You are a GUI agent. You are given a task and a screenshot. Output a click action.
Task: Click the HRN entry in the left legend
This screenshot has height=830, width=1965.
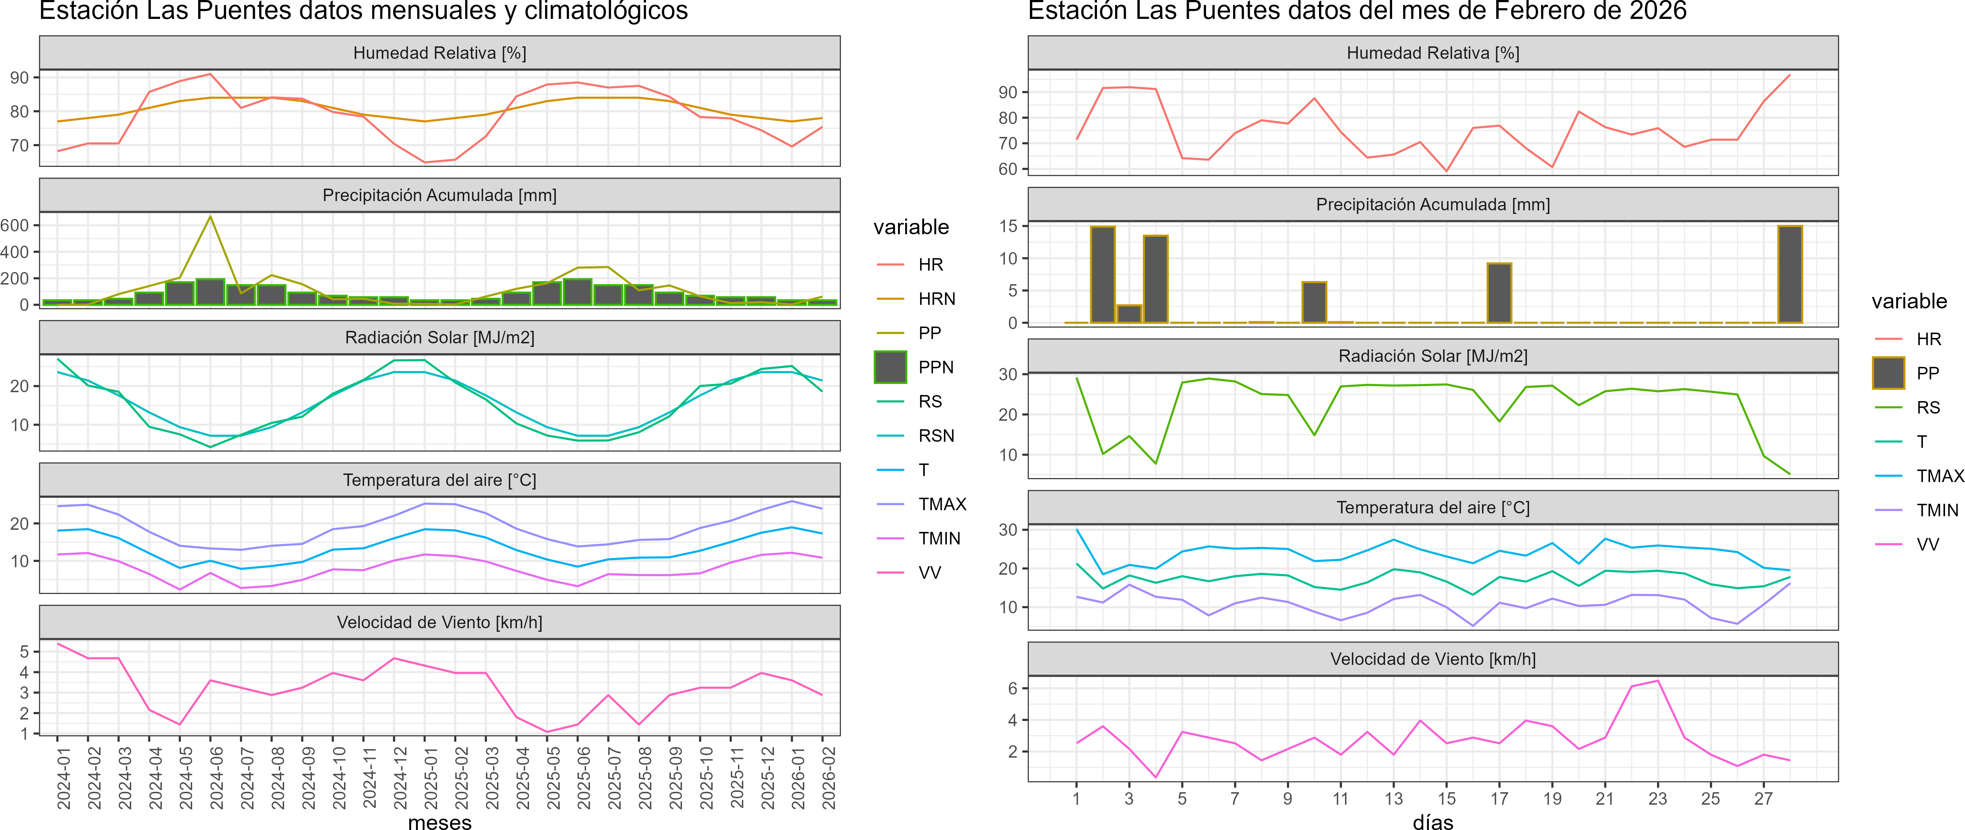(x=936, y=299)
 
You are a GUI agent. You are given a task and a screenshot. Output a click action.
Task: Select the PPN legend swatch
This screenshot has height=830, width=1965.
(x=890, y=367)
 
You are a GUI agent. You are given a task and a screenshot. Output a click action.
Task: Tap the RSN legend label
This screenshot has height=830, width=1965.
(x=936, y=436)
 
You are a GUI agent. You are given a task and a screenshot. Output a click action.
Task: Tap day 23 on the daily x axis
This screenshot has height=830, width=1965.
(x=1658, y=799)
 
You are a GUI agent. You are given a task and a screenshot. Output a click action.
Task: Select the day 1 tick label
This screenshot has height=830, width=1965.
(x=1076, y=799)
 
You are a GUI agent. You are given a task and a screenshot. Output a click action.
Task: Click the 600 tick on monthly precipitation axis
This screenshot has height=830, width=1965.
(x=15, y=225)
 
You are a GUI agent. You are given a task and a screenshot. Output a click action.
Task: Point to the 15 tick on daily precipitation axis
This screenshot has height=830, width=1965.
(x=1009, y=226)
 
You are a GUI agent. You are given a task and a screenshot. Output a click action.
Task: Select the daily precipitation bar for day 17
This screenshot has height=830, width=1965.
(x=1499, y=293)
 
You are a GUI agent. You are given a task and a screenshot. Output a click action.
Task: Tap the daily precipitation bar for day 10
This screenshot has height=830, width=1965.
(x=1314, y=302)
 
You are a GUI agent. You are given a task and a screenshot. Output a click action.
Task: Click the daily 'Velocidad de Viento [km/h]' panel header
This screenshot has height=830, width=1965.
(x=1432, y=659)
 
